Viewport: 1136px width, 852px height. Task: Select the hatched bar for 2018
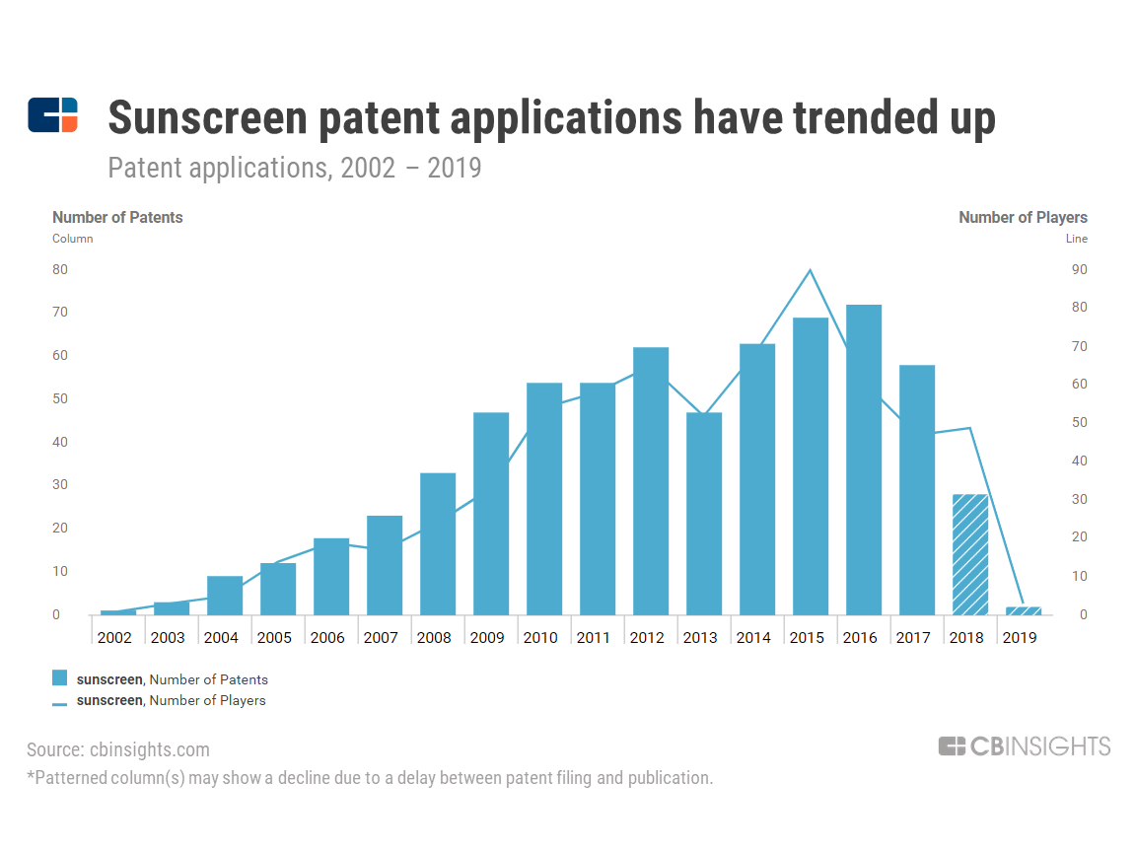pyautogui.click(x=970, y=554)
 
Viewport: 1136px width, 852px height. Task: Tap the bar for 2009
pyautogui.click(x=491, y=513)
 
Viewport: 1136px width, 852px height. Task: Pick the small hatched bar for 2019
pyautogui.click(x=1024, y=610)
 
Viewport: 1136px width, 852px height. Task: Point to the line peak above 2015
pyautogui.click(x=811, y=270)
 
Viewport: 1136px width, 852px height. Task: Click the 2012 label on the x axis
pyautogui.click(x=647, y=638)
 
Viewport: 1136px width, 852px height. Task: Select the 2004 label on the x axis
pyautogui.click(x=221, y=638)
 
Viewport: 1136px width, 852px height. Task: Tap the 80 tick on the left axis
pyautogui.click(x=60, y=269)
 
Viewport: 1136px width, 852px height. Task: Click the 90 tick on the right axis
pyautogui.click(x=1079, y=269)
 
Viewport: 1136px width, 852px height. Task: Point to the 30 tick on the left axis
pyautogui.click(x=60, y=485)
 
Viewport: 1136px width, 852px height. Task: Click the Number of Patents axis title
pyautogui.click(x=117, y=217)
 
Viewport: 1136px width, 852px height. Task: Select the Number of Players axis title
pyautogui.click(x=1023, y=217)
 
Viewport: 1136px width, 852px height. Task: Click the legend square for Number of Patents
pyautogui.click(x=60, y=678)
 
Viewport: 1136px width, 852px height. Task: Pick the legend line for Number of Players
pyautogui.click(x=60, y=703)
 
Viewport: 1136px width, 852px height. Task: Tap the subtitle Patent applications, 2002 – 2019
pyautogui.click(x=294, y=168)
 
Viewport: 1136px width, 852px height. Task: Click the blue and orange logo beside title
pyautogui.click(x=52, y=115)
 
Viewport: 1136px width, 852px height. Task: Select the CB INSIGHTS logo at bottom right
pyautogui.click(x=1025, y=746)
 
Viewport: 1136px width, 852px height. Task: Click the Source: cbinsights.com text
pyautogui.click(x=118, y=750)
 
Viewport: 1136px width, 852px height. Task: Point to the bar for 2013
pyautogui.click(x=704, y=513)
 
